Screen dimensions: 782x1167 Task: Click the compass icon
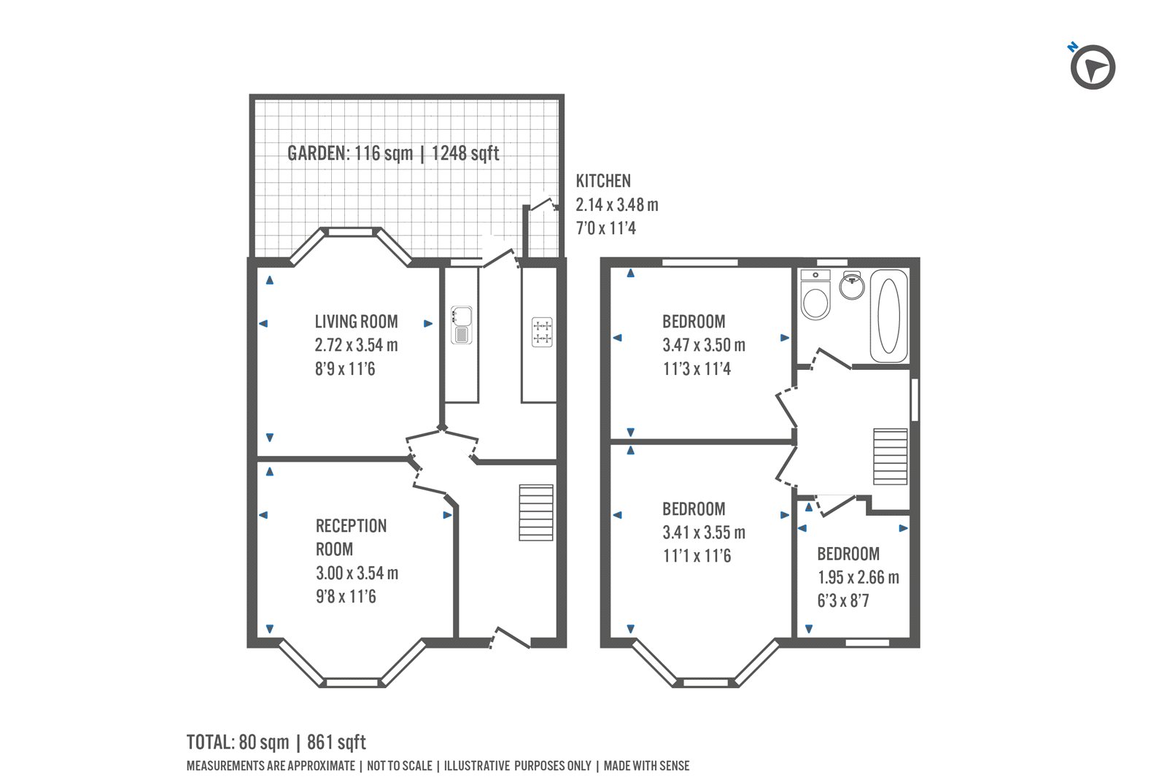point(1093,68)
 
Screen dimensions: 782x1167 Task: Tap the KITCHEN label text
point(603,181)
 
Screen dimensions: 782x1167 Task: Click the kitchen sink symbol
point(462,325)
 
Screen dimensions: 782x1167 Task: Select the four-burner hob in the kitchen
point(541,332)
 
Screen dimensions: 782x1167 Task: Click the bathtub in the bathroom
point(888,317)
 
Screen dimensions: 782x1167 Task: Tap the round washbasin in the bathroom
point(851,285)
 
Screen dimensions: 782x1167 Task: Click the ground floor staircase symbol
point(536,512)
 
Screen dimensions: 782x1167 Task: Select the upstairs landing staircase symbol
point(891,457)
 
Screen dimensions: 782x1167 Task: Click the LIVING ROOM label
point(356,322)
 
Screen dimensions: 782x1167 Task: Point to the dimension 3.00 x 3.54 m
point(357,573)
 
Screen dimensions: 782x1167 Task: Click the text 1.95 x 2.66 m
point(858,578)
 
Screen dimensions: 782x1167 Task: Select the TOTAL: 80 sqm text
point(238,743)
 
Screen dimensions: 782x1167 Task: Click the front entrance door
point(511,638)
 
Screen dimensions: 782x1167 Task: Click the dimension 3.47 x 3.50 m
point(704,345)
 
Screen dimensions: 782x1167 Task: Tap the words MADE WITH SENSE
point(646,766)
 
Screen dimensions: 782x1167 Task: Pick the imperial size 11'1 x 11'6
point(697,556)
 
